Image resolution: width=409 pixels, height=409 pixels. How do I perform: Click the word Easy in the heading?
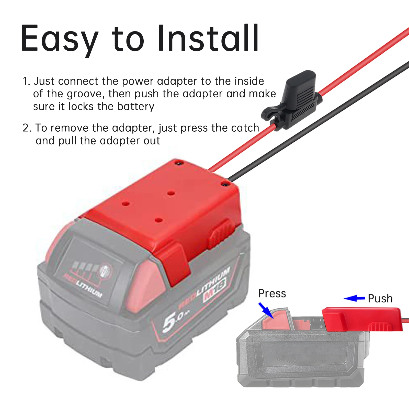(59, 38)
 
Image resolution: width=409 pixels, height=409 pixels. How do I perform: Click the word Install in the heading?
(208, 38)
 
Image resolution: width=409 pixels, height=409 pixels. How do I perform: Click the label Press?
(272, 293)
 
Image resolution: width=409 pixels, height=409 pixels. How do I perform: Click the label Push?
(380, 299)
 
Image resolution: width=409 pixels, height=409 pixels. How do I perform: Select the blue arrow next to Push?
(354, 298)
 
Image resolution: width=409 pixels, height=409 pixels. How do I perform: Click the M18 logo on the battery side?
(215, 289)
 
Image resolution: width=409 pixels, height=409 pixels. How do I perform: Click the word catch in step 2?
(245, 128)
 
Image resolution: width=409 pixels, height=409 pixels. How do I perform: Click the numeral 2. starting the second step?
(27, 128)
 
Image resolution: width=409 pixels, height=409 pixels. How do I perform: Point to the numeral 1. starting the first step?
(26, 81)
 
